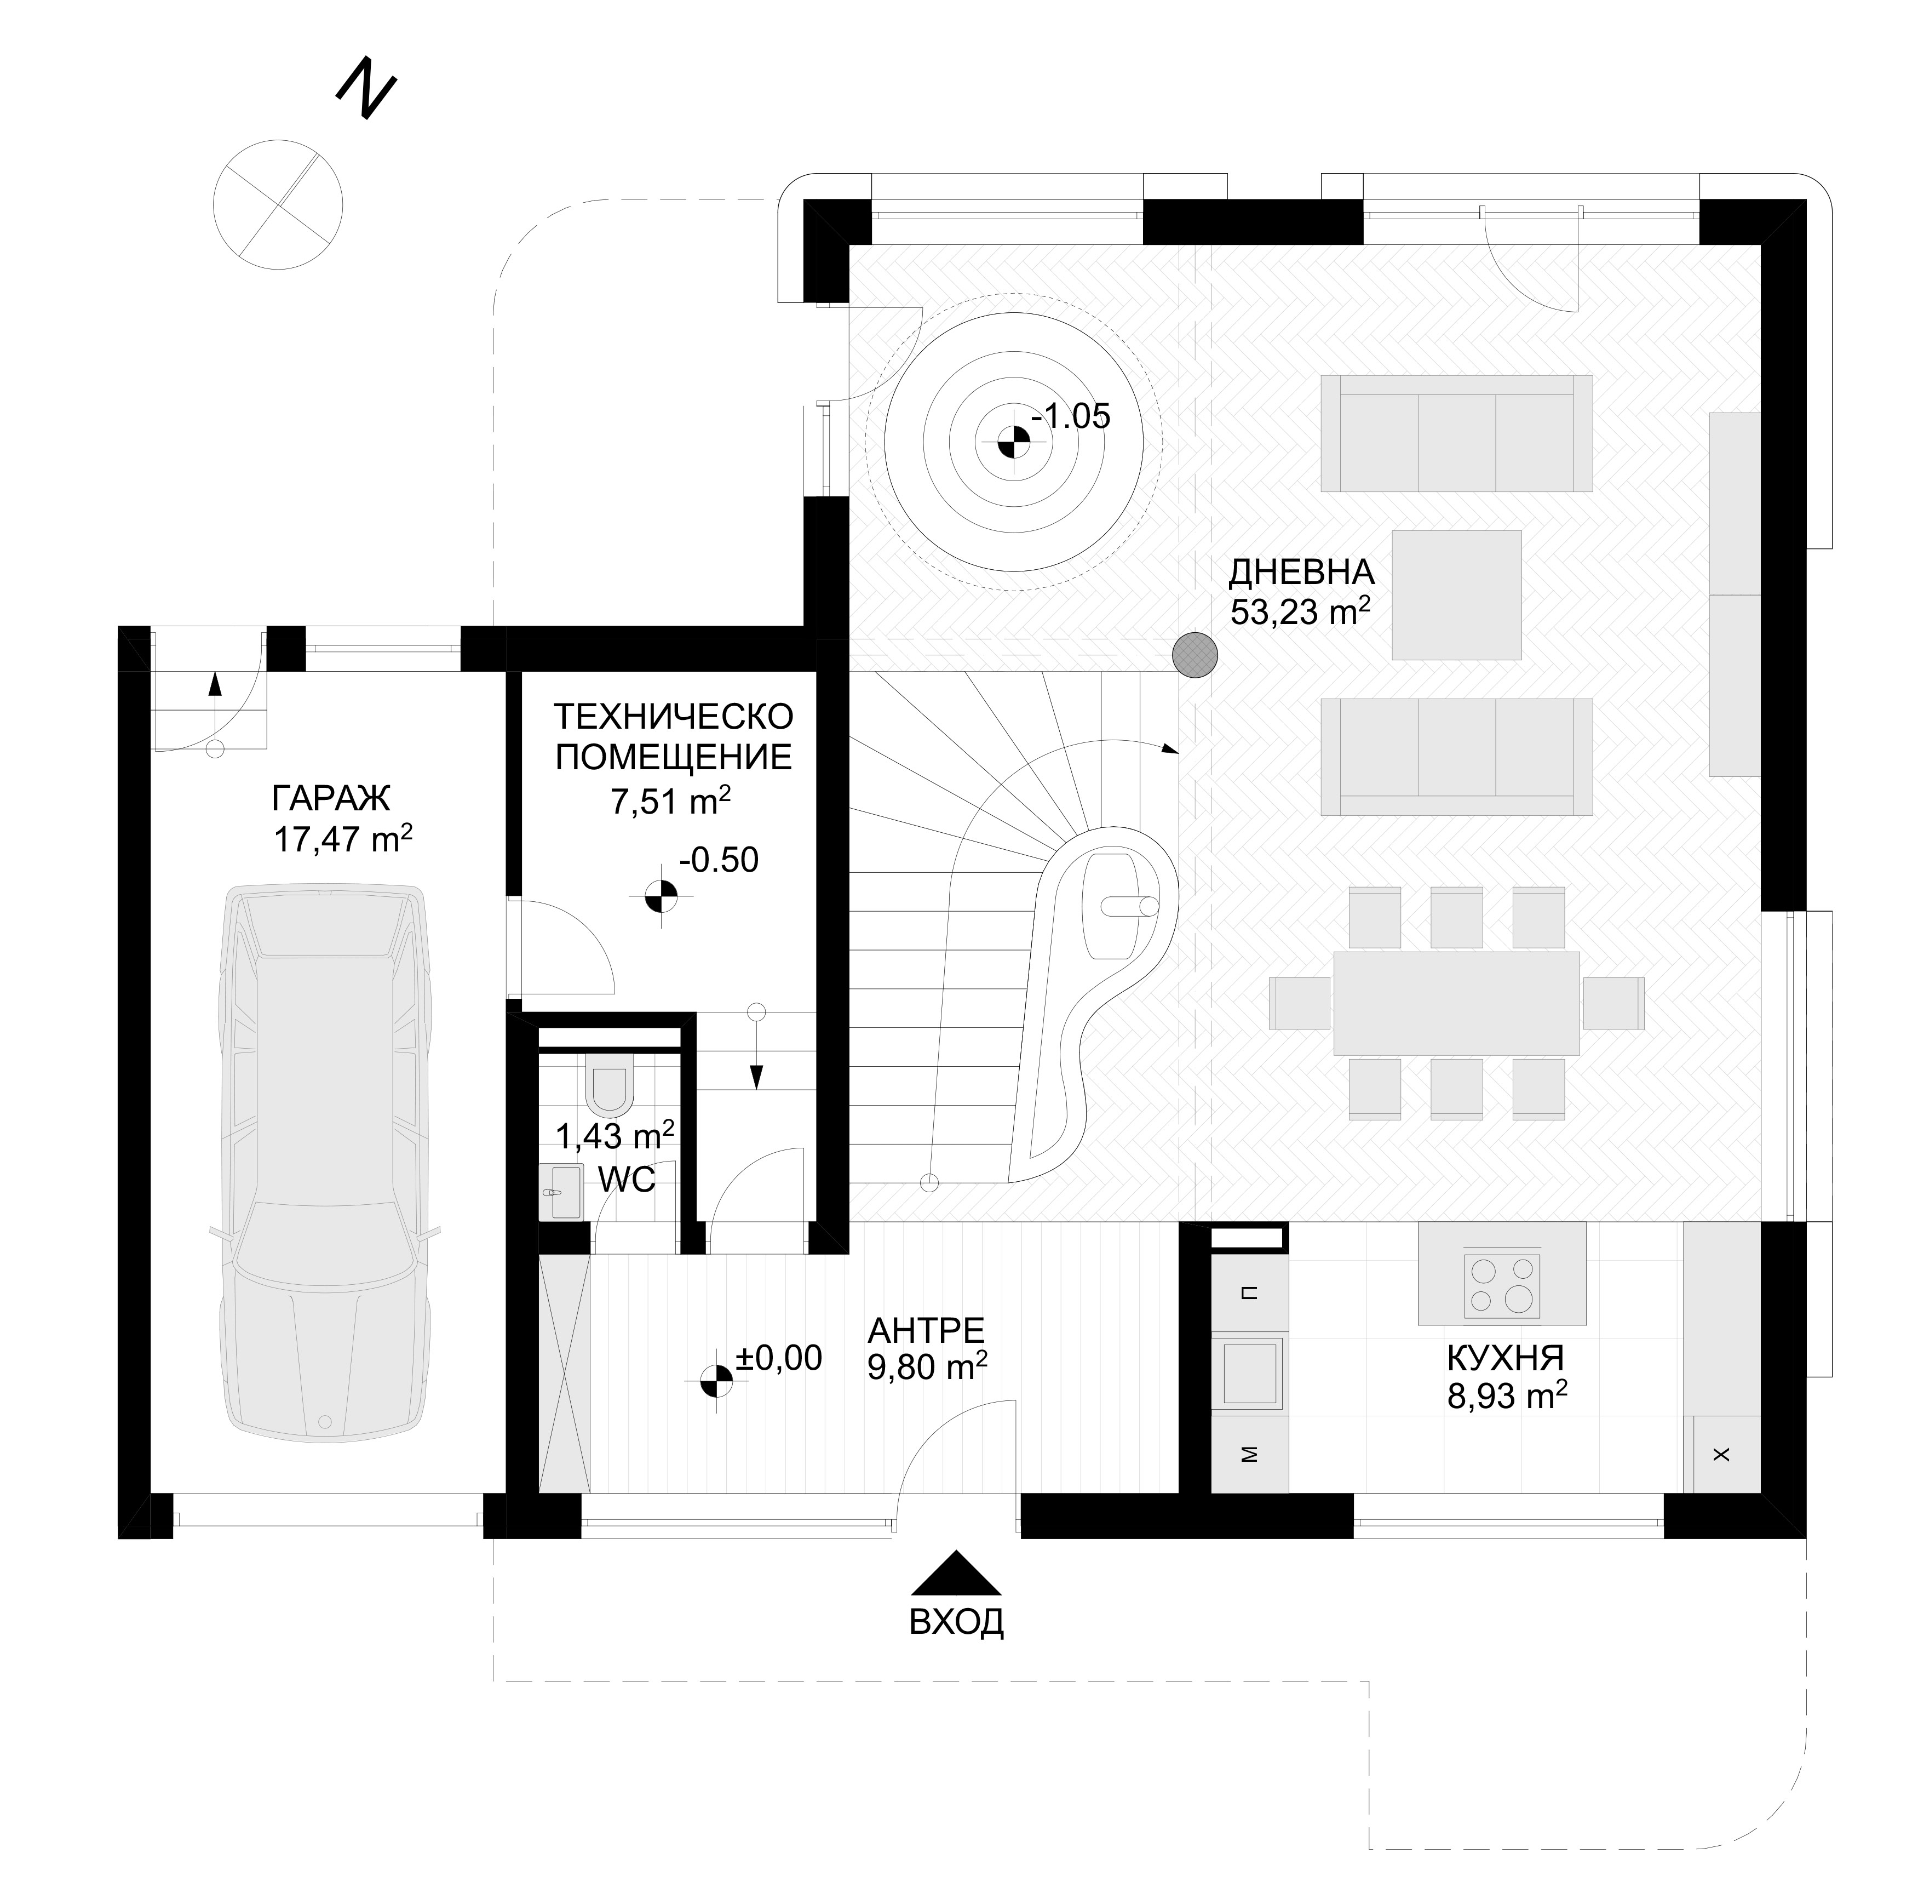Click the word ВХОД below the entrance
point(956,1622)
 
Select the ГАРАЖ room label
point(331,797)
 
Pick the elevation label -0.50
point(719,860)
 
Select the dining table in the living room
point(1456,1003)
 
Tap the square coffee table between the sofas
point(1456,594)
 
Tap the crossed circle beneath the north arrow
point(278,204)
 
